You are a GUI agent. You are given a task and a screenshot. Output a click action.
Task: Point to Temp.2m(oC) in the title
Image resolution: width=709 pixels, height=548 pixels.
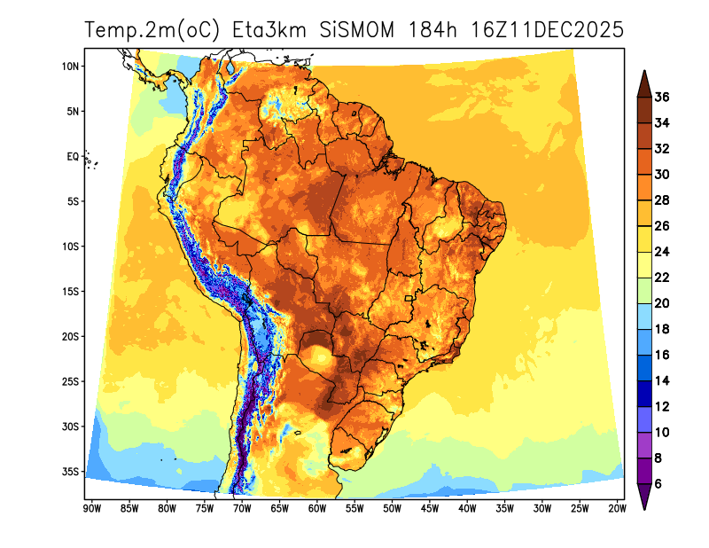[153, 30]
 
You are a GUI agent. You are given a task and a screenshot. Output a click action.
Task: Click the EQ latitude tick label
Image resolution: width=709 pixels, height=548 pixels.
[74, 156]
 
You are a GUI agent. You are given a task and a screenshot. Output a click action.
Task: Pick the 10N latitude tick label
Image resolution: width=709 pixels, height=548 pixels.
[72, 67]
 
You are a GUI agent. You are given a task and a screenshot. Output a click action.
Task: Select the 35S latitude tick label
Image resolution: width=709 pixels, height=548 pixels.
[72, 471]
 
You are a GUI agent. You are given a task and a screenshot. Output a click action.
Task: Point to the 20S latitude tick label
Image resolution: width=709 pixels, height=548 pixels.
[72, 336]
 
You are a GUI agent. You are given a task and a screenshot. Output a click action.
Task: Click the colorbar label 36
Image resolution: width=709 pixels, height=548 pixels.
[662, 97]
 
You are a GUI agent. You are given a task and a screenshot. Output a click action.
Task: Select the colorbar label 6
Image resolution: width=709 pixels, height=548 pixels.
[658, 484]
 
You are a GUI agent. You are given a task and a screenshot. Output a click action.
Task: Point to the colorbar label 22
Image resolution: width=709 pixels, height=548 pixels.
[662, 278]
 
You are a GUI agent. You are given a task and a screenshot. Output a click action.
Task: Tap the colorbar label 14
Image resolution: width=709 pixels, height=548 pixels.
[662, 381]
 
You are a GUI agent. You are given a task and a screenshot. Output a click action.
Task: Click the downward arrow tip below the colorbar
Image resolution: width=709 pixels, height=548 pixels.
[645, 508]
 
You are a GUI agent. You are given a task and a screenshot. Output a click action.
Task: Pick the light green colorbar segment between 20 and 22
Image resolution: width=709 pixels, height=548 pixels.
[645, 291]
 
